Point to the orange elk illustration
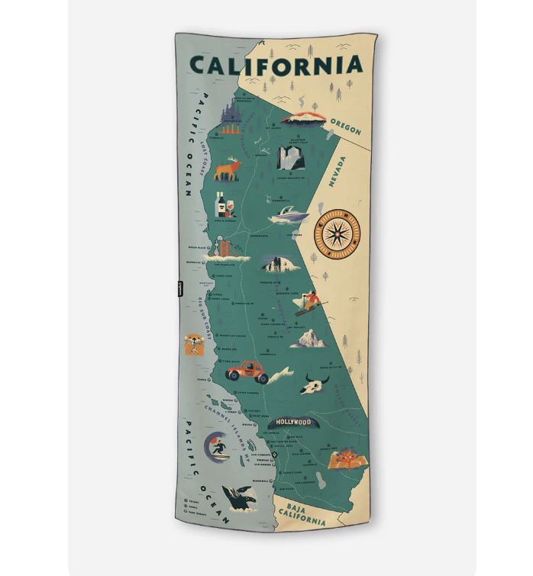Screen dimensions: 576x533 [227, 170]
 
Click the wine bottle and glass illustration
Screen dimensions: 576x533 [226, 204]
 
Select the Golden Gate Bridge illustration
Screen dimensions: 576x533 [226, 252]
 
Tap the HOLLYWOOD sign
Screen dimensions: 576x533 [293, 422]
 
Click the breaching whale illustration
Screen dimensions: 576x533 [237, 500]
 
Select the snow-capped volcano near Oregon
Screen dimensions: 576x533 [304, 117]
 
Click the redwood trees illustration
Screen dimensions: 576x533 [231, 114]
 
